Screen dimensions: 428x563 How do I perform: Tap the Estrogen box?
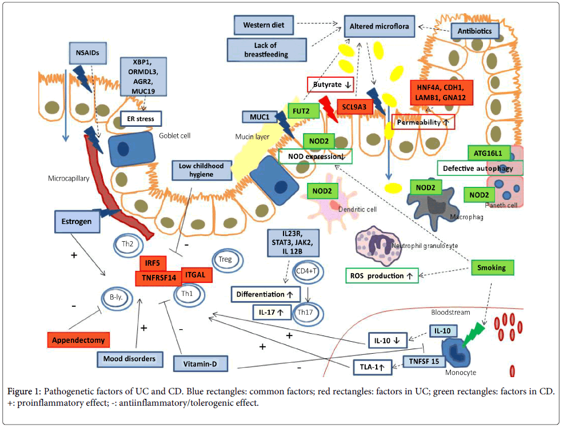tap(77, 221)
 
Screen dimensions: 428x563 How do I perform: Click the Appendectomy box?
tap(78, 340)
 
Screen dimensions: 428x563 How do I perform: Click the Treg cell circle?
tap(225, 260)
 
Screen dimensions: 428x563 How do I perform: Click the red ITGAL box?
tap(197, 275)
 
